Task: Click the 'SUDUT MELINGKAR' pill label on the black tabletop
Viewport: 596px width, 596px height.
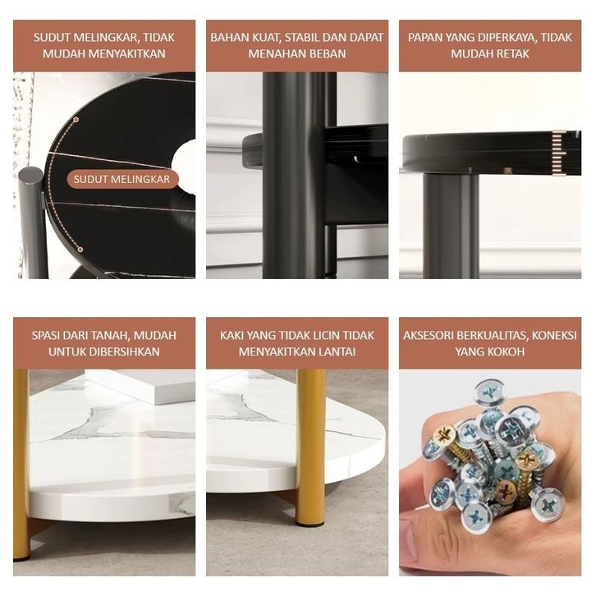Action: [122, 180]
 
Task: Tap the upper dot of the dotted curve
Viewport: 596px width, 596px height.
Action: [76, 119]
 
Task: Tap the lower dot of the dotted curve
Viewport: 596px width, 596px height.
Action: [80, 250]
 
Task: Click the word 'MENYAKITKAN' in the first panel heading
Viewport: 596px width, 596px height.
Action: [127, 53]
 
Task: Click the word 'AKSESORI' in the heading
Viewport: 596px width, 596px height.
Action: [428, 335]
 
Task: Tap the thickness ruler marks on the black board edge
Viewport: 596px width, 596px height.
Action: [559, 154]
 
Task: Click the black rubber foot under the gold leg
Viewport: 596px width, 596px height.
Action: [310, 523]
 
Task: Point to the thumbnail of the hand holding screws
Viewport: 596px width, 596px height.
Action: [490, 473]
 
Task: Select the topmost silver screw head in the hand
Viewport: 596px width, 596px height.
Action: [490, 392]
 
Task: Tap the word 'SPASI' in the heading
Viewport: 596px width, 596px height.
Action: [46, 335]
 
